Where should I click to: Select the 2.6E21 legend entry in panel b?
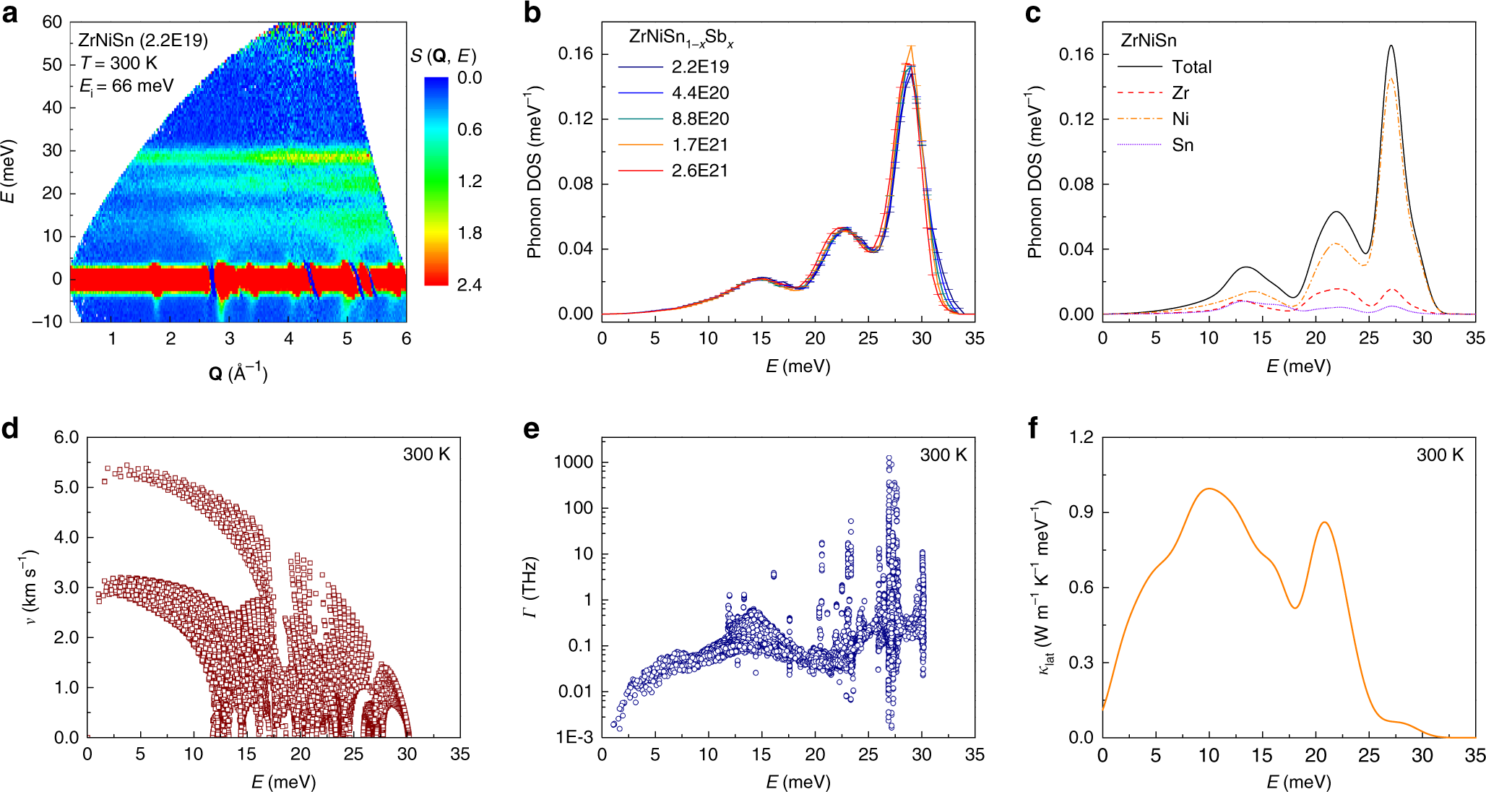click(x=699, y=171)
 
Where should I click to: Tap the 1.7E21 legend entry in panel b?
click(x=699, y=145)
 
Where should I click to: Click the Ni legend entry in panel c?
click(x=1180, y=119)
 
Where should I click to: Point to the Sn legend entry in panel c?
click(x=1182, y=145)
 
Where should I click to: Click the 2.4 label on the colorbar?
click(x=470, y=285)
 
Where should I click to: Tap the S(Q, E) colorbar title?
click(x=444, y=56)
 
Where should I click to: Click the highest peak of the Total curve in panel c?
click(x=1391, y=46)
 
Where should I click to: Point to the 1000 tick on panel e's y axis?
click(x=573, y=462)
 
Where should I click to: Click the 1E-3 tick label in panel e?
click(x=574, y=737)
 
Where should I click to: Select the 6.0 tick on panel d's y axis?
click(x=66, y=437)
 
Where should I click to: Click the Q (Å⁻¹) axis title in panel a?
click(x=238, y=373)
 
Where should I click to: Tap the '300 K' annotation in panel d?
click(x=426, y=455)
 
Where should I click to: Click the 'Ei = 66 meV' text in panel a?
click(x=126, y=87)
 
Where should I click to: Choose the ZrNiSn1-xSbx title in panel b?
click(x=681, y=38)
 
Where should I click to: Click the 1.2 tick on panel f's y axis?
click(x=1081, y=437)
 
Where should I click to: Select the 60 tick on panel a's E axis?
click(x=52, y=22)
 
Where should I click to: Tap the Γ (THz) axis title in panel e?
click(x=530, y=587)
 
